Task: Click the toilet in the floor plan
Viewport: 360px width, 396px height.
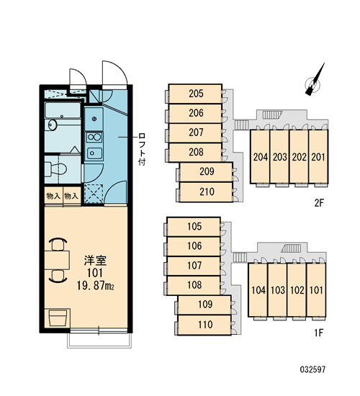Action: pyautogui.click(x=55, y=168)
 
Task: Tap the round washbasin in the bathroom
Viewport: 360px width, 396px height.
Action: pyautogui.click(x=53, y=125)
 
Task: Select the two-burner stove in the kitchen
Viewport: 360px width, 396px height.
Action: pyautogui.click(x=94, y=138)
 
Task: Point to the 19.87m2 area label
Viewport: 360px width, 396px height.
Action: pyautogui.click(x=95, y=286)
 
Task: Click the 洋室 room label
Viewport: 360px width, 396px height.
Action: pyautogui.click(x=95, y=261)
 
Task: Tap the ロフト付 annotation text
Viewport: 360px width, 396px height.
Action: pyautogui.click(x=142, y=149)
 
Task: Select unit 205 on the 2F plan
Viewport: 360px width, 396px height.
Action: pyautogui.click(x=195, y=94)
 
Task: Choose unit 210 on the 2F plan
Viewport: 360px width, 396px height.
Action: pyautogui.click(x=206, y=192)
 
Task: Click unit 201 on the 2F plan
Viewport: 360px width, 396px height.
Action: pyautogui.click(x=318, y=156)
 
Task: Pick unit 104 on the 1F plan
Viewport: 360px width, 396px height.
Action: pyautogui.click(x=258, y=289)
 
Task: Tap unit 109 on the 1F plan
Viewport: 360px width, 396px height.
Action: pyautogui.click(x=204, y=305)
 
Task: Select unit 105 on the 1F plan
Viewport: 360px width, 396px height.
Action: pyautogui.click(x=194, y=227)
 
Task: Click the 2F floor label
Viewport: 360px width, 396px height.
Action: pyautogui.click(x=319, y=203)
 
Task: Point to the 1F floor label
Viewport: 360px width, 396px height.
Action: pyautogui.click(x=319, y=333)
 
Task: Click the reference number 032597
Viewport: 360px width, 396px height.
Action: pyautogui.click(x=312, y=370)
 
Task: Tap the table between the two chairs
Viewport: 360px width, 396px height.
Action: pyautogui.click(x=57, y=260)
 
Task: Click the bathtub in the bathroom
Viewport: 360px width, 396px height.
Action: pyautogui.click(x=63, y=110)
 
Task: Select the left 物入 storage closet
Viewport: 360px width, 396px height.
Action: pyautogui.click(x=53, y=196)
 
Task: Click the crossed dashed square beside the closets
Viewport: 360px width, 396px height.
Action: pyautogui.click(x=94, y=194)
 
